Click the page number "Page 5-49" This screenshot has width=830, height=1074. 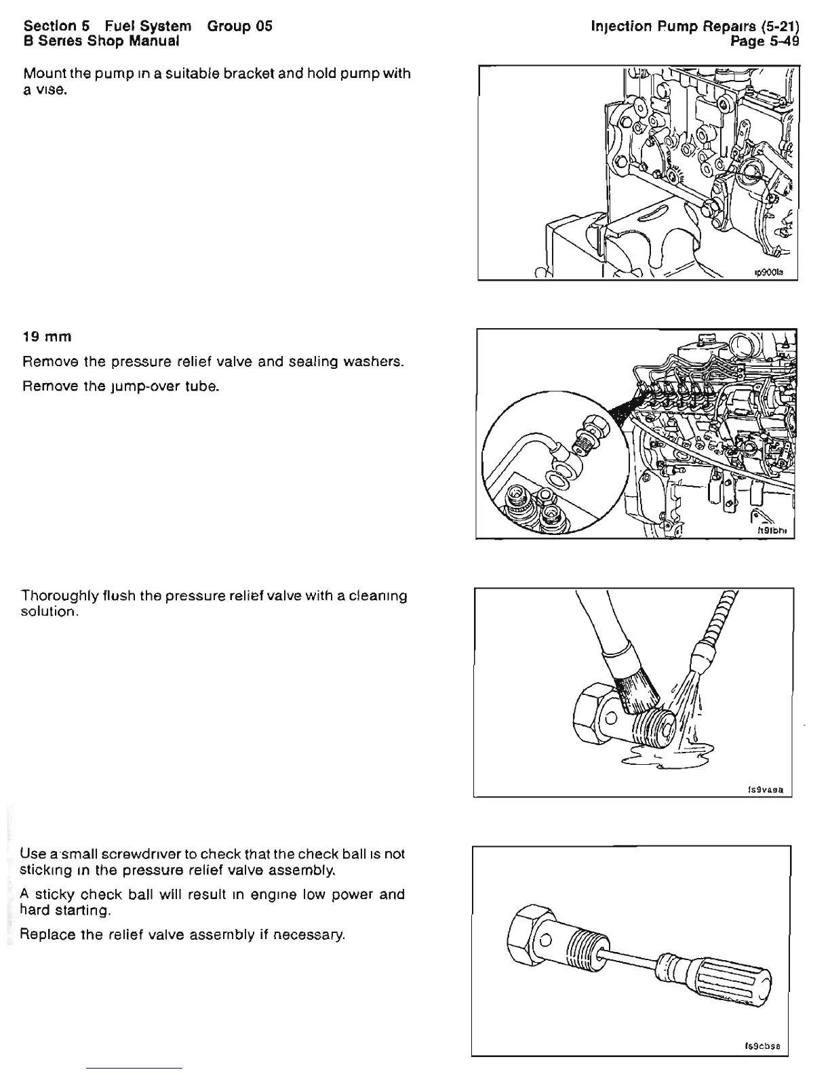[764, 41]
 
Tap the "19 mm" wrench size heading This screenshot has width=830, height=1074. [47, 337]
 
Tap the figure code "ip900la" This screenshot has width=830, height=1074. [769, 271]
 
